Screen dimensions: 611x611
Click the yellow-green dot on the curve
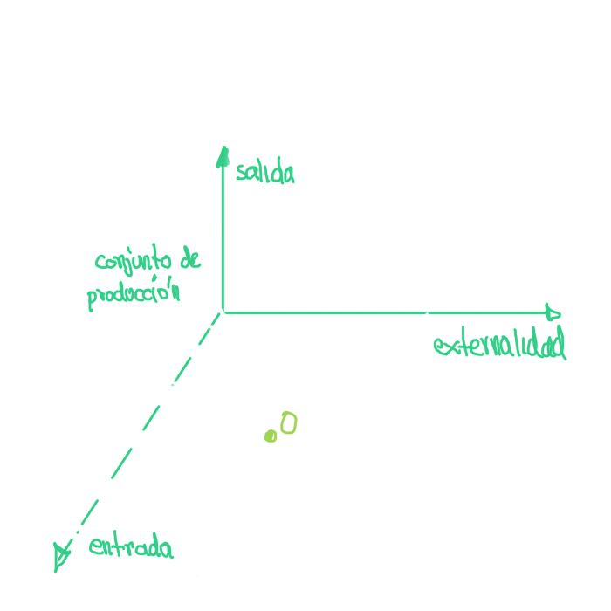(271, 436)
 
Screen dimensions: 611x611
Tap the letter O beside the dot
(288, 424)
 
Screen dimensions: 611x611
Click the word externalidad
(499, 346)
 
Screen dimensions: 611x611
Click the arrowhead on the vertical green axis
(223, 156)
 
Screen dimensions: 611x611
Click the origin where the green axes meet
(223, 312)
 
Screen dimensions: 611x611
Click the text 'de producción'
(105, 292)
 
